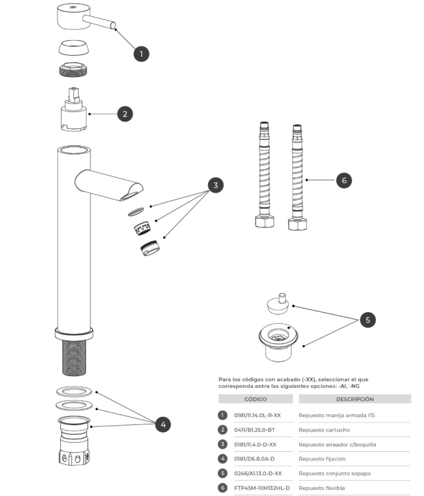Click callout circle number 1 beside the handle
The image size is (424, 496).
[x=141, y=54]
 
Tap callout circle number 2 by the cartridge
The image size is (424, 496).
[x=125, y=114]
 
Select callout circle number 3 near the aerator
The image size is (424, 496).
[x=216, y=185]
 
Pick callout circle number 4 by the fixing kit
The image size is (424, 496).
[x=164, y=423]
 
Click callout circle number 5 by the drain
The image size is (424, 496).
[x=367, y=320]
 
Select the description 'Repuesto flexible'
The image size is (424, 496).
[x=322, y=488]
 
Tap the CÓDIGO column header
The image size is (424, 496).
[x=255, y=399]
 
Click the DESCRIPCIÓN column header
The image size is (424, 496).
[x=355, y=399]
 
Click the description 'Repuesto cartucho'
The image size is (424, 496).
[x=324, y=430]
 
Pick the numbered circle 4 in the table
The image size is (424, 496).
[x=223, y=459]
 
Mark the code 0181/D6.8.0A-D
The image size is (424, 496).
[x=255, y=459]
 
